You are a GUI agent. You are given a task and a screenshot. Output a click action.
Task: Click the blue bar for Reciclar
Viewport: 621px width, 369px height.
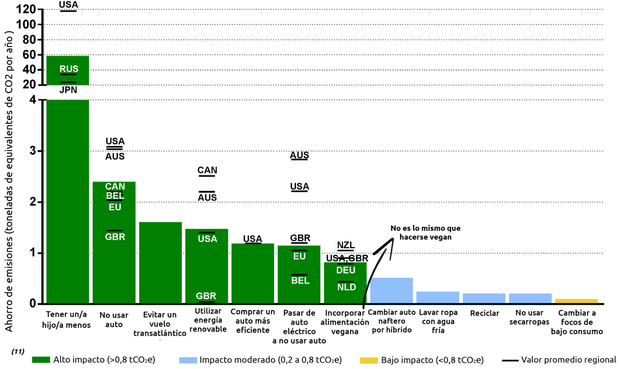tap(484, 298)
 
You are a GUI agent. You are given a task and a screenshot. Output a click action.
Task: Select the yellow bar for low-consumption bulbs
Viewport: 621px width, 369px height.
tap(576, 301)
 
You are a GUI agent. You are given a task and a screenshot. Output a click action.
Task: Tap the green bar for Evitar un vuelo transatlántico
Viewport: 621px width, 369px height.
tap(160, 263)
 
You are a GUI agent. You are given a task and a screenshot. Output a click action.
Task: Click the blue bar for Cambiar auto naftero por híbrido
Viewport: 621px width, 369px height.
tap(391, 290)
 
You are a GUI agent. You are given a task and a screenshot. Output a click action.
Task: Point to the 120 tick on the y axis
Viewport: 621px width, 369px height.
tap(26, 10)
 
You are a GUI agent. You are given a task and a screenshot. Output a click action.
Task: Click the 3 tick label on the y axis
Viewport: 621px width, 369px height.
tap(33, 151)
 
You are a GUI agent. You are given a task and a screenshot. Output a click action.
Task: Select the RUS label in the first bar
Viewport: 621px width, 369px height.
tap(69, 69)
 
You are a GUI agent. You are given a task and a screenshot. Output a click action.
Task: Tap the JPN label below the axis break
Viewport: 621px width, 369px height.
tap(68, 90)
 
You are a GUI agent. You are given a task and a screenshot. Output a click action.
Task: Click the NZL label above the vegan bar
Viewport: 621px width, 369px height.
tap(346, 245)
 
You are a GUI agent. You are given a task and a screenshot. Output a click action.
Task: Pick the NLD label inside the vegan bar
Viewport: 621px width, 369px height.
tap(347, 287)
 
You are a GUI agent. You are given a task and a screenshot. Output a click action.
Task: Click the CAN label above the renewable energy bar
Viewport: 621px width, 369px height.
tap(207, 170)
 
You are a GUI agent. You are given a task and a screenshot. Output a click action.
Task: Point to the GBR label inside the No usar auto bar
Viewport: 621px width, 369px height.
tap(115, 237)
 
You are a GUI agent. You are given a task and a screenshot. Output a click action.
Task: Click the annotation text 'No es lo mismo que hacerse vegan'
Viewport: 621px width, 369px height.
tap(425, 232)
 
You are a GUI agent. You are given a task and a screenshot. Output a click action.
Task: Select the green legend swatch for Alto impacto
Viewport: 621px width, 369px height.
tap(41, 360)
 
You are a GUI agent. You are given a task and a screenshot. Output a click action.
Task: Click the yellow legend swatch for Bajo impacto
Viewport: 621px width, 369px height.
tap(369, 360)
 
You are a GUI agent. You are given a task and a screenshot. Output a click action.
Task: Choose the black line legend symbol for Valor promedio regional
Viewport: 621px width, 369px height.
tap(510, 360)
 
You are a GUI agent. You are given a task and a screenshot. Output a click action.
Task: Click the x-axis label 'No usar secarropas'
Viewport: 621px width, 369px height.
tap(529, 317)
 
